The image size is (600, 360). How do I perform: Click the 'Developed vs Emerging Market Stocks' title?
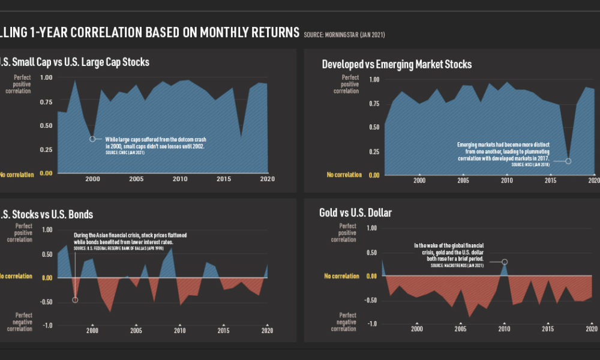pos(397,64)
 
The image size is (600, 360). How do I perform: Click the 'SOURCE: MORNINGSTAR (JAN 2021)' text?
pos(344,35)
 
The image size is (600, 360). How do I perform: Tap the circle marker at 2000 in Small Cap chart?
pos(92,139)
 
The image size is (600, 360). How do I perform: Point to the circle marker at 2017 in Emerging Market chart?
pos(568,161)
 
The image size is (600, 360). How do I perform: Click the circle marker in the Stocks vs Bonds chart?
pos(75,299)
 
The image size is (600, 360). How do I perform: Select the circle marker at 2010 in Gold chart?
pos(504,262)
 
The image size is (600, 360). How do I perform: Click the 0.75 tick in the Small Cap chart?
pos(46,102)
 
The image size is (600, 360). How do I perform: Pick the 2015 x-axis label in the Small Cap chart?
pos(223,179)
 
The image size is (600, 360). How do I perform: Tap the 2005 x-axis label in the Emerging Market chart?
pos(463,181)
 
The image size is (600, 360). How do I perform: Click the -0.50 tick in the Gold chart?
pos(371,300)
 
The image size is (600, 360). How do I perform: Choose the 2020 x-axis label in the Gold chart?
pos(592,329)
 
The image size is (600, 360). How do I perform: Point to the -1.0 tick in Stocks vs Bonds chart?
pos(47,325)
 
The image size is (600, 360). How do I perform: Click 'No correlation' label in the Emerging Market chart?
pos(344,175)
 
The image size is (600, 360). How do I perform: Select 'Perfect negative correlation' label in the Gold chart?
pos(347,322)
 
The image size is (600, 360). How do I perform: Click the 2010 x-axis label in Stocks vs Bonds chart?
pos(179,331)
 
